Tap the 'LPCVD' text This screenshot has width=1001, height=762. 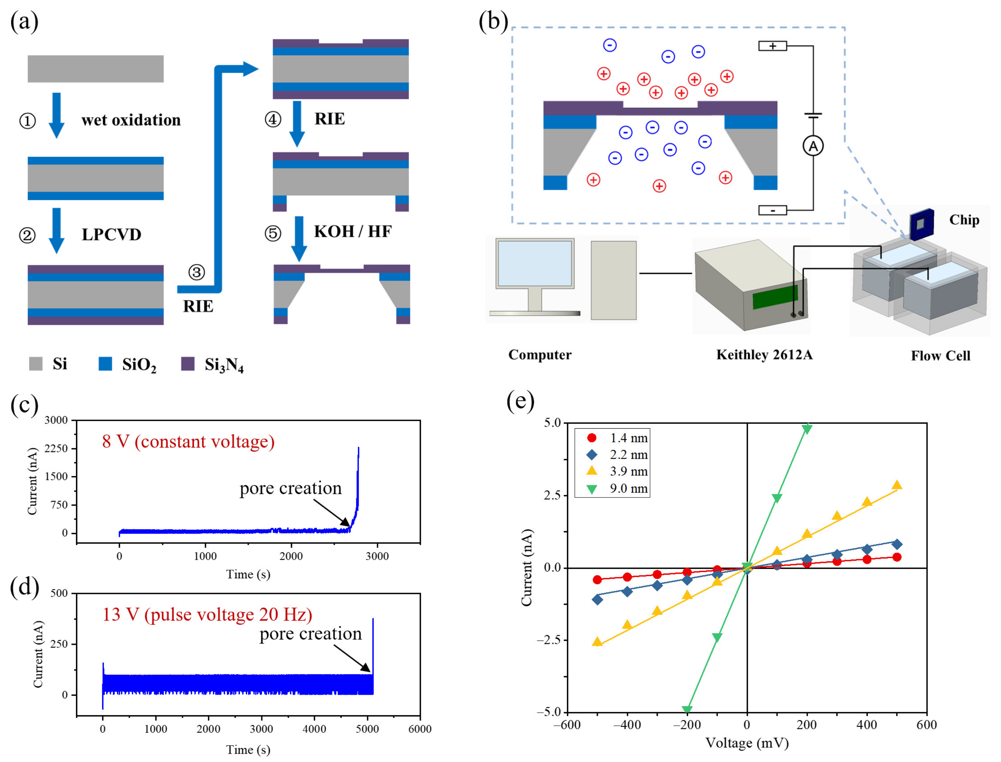[111, 235]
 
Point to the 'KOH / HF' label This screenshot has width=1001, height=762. [353, 231]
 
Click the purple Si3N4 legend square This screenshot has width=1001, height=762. [188, 364]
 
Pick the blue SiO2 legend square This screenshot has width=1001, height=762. [105, 364]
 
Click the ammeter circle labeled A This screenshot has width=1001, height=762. [813, 146]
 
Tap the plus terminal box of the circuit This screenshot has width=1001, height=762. [773, 46]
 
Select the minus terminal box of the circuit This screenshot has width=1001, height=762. [773, 210]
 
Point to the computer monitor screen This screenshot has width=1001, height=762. [535, 263]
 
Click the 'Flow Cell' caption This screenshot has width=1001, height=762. [941, 356]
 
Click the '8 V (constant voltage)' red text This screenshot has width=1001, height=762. [189, 441]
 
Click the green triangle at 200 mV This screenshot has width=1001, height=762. [807, 429]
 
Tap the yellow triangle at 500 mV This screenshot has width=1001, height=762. [896, 485]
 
